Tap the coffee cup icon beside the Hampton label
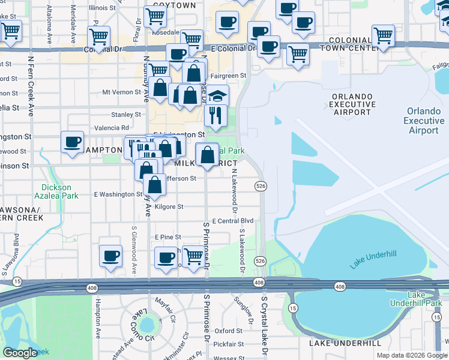pyautogui.click(x=72, y=143)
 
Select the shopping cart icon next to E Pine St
pyautogui.click(x=193, y=257)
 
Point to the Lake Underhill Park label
pyautogui.click(x=424, y=299)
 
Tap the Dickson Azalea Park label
pyautogui.click(x=55, y=191)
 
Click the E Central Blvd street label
pyautogui.click(x=233, y=221)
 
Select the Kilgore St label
pyautogui.click(x=169, y=206)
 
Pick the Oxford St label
pyautogui.click(x=228, y=331)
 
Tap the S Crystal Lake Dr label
pyautogui.click(x=263, y=323)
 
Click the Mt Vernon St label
pyautogui.click(x=122, y=92)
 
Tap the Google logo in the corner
pyautogui.click(x=20, y=353)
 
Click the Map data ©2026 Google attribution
pyautogui.click(x=411, y=355)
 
